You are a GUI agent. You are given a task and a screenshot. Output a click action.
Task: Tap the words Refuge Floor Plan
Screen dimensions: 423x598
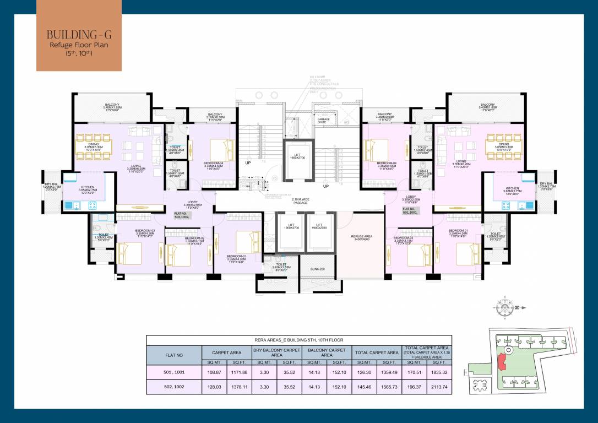(79, 45)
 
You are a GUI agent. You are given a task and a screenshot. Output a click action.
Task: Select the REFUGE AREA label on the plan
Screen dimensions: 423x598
(362, 238)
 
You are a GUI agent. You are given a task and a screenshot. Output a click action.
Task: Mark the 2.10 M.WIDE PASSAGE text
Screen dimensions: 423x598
(300, 202)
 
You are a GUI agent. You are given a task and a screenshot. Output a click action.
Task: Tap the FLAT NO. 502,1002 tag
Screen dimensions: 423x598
(182, 216)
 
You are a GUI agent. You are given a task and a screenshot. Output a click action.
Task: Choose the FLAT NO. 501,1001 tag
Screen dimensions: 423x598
(410, 210)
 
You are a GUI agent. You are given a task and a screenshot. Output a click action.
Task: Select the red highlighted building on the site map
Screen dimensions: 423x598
(501, 363)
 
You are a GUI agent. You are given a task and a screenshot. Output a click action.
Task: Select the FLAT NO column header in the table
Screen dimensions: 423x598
(173, 355)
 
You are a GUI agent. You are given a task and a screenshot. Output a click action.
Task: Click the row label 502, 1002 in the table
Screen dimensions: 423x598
(173, 387)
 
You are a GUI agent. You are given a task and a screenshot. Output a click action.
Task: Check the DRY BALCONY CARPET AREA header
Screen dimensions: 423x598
(277, 352)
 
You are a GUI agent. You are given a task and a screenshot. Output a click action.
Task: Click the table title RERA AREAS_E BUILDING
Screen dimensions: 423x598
(299, 340)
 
